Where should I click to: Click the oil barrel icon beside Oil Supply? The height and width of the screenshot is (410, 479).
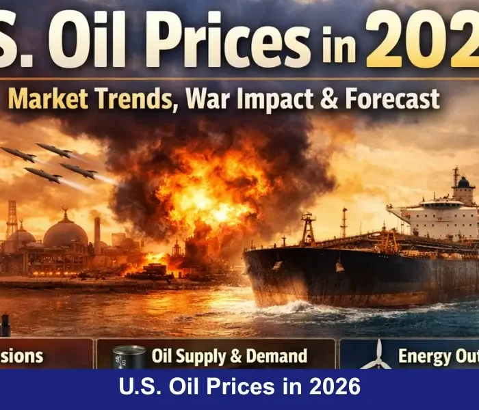[x=129, y=357]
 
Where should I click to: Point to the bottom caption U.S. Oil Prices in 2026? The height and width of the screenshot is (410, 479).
[x=239, y=388]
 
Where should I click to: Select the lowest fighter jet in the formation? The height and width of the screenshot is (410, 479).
[x=42, y=176]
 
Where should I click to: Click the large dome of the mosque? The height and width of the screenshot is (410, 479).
[x=66, y=232]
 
